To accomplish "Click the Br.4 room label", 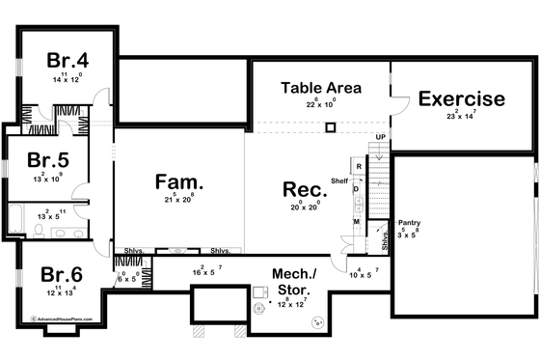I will click(67, 59).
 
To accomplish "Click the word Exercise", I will click(461, 98).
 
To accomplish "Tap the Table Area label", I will click(321, 88).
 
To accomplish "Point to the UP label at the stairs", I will click(381, 137).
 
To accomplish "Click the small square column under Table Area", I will click(330, 126).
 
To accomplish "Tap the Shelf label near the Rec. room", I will click(338, 180).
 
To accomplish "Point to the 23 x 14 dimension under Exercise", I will click(461, 116).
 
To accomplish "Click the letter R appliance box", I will click(359, 167).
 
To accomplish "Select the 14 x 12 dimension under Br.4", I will click(67, 77).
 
